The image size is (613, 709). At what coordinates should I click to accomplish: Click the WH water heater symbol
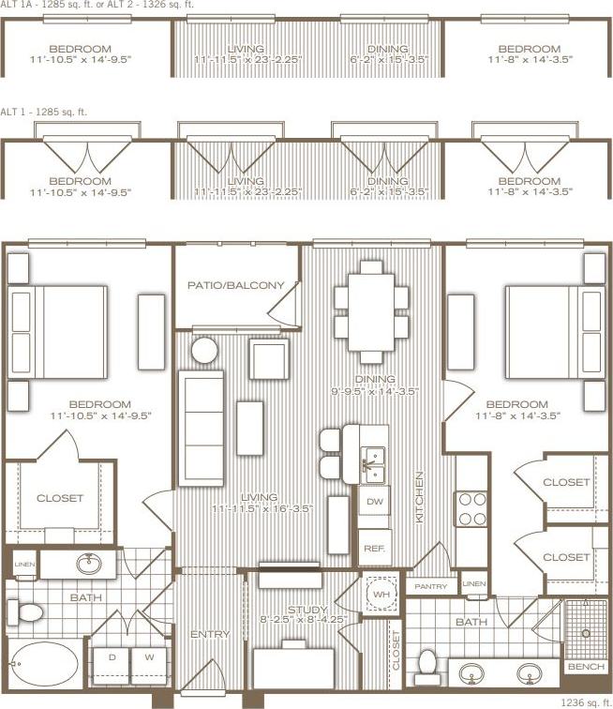[381, 594]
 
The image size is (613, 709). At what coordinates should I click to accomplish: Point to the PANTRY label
[431, 585]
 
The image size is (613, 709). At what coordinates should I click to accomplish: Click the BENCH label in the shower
[586, 667]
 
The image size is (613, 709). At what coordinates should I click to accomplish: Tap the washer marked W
[149, 657]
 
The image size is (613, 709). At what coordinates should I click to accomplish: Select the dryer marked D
[112, 657]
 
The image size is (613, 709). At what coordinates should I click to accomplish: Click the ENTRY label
[210, 635]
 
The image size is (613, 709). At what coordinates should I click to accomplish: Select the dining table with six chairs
[372, 309]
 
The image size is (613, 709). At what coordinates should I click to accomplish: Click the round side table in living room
[205, 352]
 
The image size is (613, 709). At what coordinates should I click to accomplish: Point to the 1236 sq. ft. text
[586, 701]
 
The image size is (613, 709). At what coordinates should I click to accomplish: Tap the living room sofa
[202, 425]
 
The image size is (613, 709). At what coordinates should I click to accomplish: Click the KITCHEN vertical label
[420, 497]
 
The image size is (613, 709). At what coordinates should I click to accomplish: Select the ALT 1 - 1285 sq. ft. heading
[44, 112]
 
